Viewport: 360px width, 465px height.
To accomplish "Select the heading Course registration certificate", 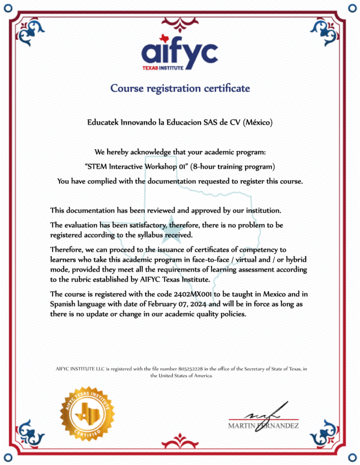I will tap(180, 88).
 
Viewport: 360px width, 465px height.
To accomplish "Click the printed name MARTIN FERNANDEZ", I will tap(263, 426).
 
